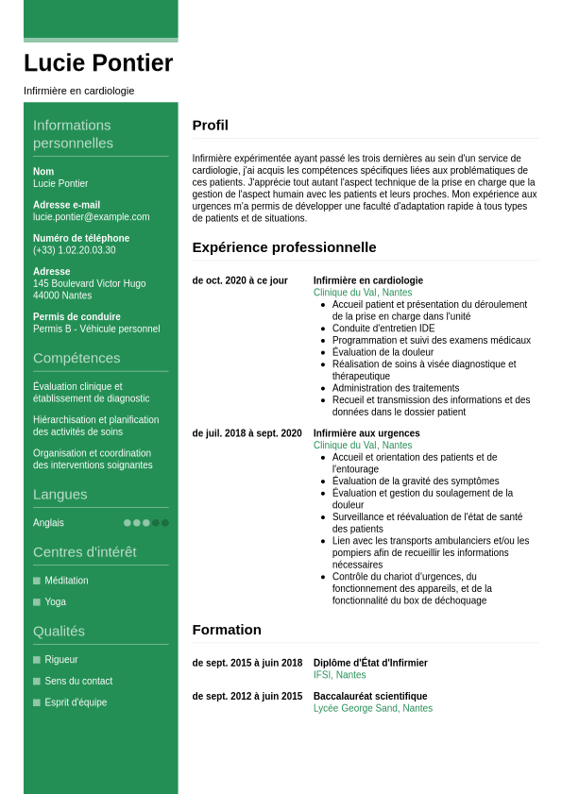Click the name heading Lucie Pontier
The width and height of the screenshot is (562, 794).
tap(98, 63)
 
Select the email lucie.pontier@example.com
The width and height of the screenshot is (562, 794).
tap(91, 217)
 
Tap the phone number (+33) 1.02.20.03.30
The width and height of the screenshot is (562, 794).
tap(75, 250)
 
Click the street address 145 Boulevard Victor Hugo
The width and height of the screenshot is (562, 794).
tap(90, 283)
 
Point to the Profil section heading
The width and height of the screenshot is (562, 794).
tap(210, 126)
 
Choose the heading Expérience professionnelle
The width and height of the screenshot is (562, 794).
tap(283, 247)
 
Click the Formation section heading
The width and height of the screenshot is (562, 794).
tap(227, 630)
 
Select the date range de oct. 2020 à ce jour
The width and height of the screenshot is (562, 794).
tap(240, 280)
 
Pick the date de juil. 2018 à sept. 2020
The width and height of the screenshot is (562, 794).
tap(247, 433)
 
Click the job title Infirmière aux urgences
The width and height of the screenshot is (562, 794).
tap(366, 433)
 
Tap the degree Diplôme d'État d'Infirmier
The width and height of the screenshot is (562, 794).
tap(370, 663)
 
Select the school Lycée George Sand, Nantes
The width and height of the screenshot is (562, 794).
tap(373, 708)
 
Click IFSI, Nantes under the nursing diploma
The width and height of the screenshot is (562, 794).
tap(339, 675)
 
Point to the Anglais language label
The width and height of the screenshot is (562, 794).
tap(48, 523)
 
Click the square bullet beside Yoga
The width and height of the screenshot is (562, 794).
tap(37, 602)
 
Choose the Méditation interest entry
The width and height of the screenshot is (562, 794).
tap(66, 581)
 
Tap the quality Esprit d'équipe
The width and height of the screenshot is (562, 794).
tap(76, 702)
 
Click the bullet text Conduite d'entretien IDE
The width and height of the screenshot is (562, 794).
tap(383, 329)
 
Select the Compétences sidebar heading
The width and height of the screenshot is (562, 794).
tap(77, 358)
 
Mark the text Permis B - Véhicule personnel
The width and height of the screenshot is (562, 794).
tap(96, 329)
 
